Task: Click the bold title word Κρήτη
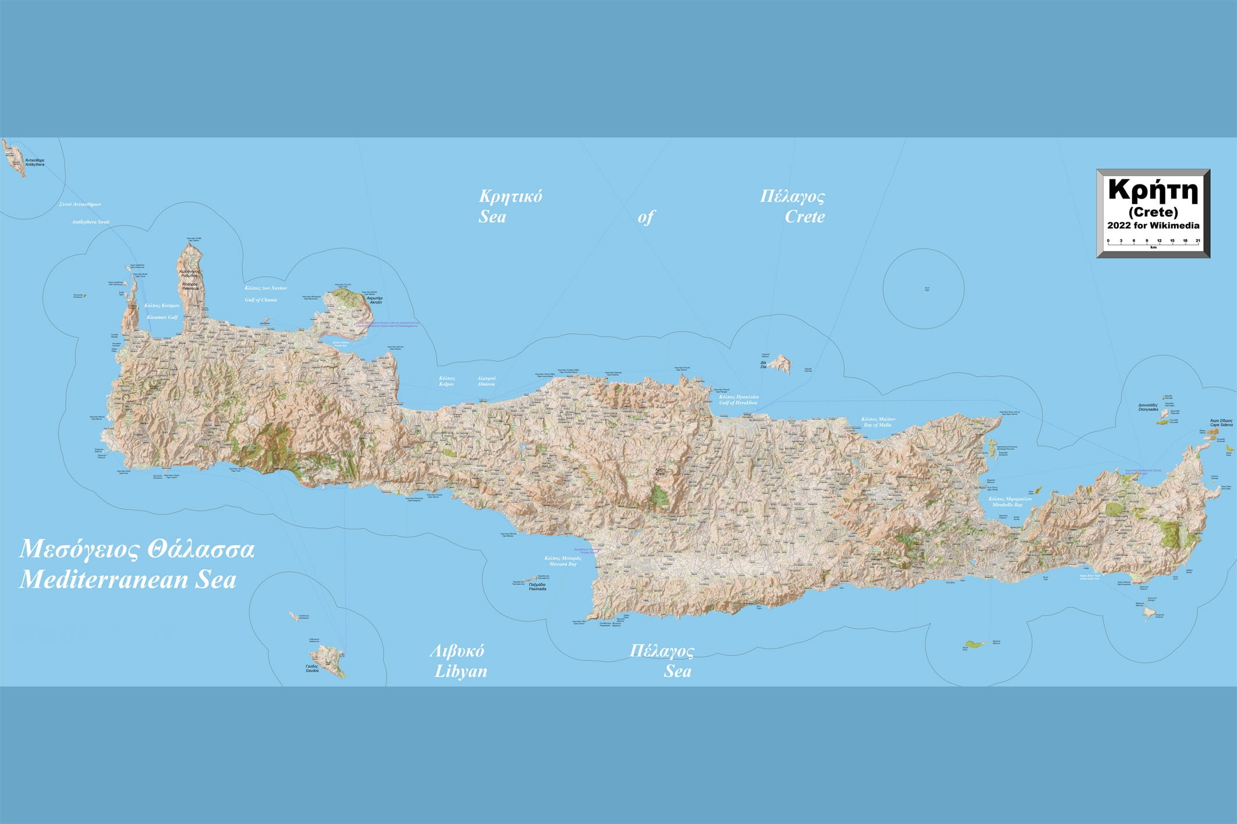pos(1153,190)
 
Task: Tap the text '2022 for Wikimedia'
pos(1153,225)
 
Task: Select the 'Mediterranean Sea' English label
pos(128,580)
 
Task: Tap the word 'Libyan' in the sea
pos(461,671)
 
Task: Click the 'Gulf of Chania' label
pos(261,300)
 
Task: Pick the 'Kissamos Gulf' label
pos(162,317)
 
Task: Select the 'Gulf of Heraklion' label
pos(738,403)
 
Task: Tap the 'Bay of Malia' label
pos(877,425)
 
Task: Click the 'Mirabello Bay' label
pos(1007,505)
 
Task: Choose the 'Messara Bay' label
pos(563,564)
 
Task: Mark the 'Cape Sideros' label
pos(1221,425)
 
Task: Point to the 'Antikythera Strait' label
pos(90,222)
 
